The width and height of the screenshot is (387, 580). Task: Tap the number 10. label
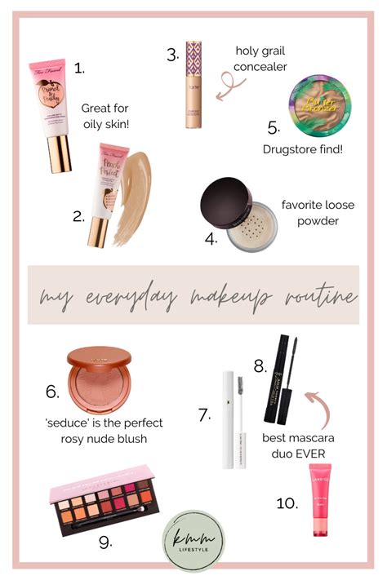[x=287, y=503]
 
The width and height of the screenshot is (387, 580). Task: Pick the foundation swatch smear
[x=150, y=189]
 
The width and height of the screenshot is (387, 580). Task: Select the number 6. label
[x=52, y=392]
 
